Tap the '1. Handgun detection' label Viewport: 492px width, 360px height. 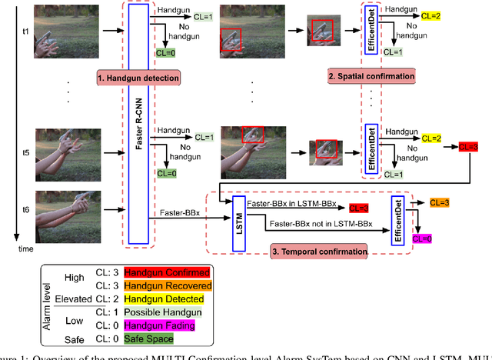pos(138,77)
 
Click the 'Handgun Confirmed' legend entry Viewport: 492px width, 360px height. pos(176,272)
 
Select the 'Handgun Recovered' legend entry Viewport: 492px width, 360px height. pos(176,285)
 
